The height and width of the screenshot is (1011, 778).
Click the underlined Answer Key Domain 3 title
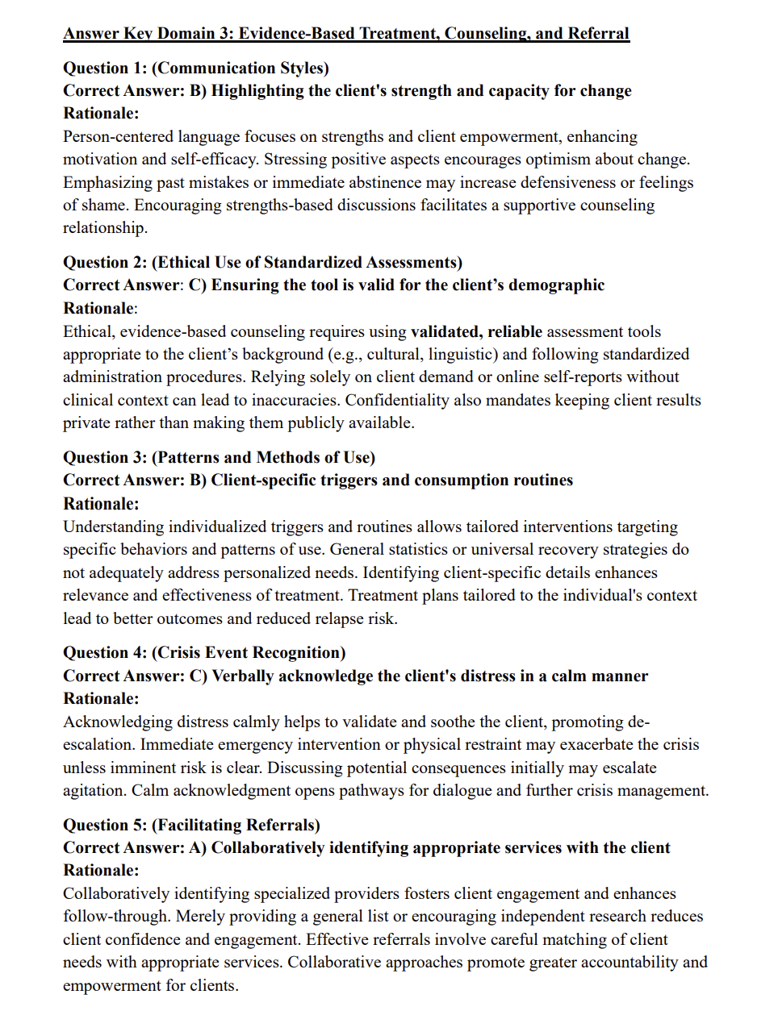click(346, 34)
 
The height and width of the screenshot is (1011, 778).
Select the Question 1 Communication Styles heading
click(196, 68)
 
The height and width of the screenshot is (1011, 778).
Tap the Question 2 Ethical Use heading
click(263, 262)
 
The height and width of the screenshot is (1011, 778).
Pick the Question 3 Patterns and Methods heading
click(220, 457)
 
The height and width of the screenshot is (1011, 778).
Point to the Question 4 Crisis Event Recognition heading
click(204, 652)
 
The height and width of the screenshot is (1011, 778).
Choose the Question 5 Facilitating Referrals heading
click(191, 825)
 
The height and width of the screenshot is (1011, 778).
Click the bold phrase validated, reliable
click(476, 331)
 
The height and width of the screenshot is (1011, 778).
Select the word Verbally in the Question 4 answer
click(243, 676)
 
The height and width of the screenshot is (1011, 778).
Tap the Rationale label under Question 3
click(101, 504)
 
